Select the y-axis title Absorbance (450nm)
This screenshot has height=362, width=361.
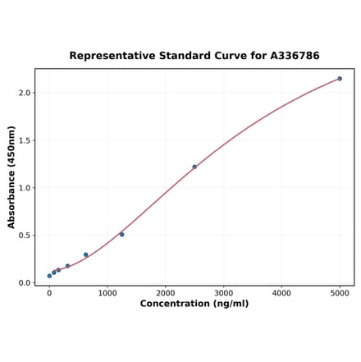tap(11, 177)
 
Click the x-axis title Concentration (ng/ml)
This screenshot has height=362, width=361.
tap(194, 304)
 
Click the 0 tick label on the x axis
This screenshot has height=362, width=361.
tap(49, 292)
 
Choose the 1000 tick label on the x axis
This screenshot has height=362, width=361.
tap(107, 292)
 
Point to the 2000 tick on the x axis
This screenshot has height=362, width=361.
tap(166, 292)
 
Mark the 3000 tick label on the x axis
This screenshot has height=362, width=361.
tap(224, 292)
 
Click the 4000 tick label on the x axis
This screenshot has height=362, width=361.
tap(281, 292)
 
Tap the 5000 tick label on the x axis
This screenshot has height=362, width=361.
tap(340, 292)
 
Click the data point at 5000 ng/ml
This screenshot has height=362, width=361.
tap(340, 79)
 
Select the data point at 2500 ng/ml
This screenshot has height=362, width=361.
tap(194, 167)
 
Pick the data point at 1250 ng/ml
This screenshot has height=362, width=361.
tap(122, 234)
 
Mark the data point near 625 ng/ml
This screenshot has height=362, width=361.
tap(85, 254)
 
